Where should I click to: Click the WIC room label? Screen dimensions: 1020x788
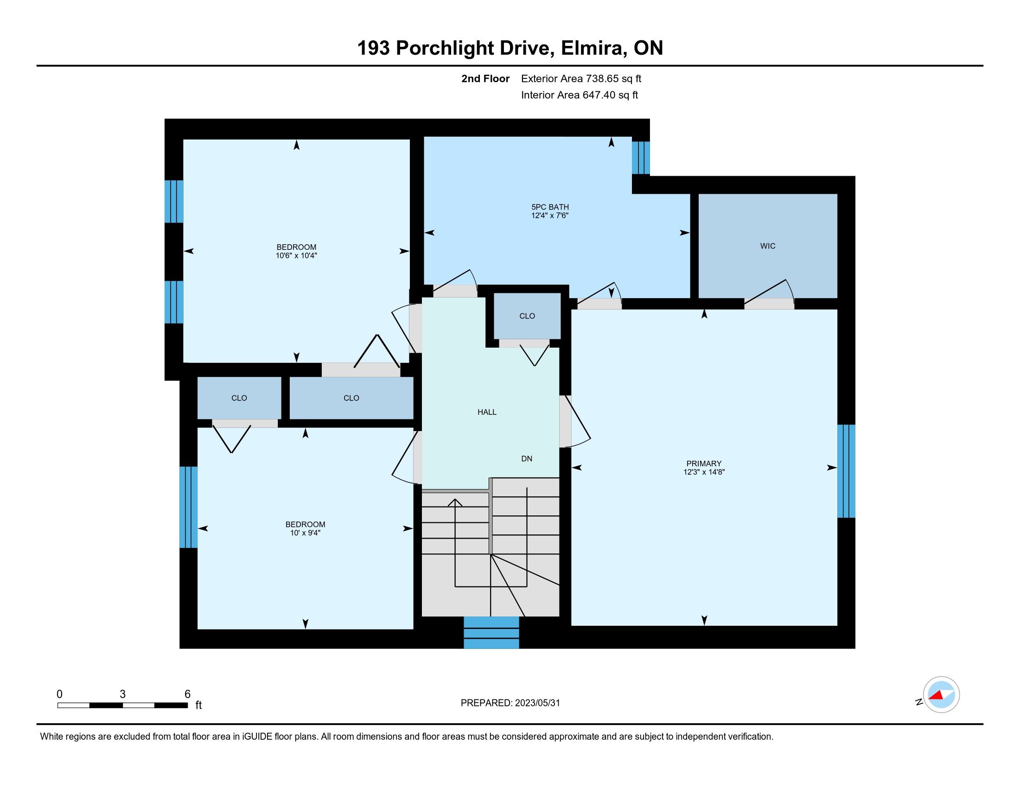[x=767, y=246]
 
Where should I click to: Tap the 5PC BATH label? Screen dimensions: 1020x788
[x=550, y=207]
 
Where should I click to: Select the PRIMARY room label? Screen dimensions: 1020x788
[x=704, y=464]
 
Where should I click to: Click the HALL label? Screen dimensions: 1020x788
[x=487, y=412]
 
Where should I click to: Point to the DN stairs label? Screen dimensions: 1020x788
[x=526, y=459]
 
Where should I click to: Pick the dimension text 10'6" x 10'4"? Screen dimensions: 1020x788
[x=296, y=256]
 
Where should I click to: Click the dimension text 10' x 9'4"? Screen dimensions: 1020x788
[x=305, y=533]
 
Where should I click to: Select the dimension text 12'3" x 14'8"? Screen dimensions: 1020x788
[x=704, y=472]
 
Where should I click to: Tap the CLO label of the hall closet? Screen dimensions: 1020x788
[x=527, y=316]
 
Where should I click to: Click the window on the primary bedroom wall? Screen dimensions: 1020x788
[x=846, y=471]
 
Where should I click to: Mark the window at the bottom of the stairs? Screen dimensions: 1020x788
[x=491, y=633]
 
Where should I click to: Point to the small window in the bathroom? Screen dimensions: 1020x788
[x=641, y=158]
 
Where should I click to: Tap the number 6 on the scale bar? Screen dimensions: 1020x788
[x=187, y=694]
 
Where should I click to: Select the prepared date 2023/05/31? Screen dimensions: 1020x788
[x=537, y=703]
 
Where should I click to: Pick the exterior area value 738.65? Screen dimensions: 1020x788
[x=601, y=79]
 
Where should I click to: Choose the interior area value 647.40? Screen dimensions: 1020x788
[x=598, y=95]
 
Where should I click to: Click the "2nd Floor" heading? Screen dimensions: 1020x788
[x=485, y=79]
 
